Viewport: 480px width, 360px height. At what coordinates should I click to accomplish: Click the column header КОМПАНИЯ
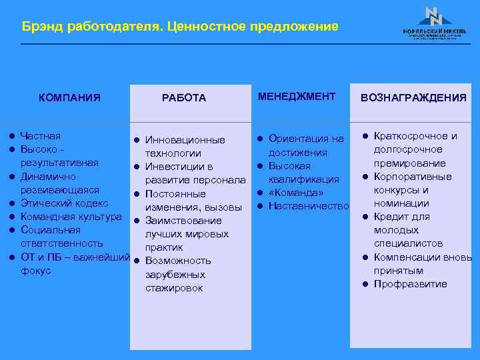coord(69,98)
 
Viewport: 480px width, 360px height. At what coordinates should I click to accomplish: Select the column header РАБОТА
coord(184,98)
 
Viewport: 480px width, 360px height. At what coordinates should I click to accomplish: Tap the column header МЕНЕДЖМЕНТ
coord(297,97)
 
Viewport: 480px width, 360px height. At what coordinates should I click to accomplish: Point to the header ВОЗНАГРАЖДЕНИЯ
coord(413,98)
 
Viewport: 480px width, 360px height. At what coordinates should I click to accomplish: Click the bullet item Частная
coord(40,136)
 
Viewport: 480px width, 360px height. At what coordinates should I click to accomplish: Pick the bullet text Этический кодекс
coord(65,203)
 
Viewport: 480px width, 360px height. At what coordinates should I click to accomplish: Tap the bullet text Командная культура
coord(71,217)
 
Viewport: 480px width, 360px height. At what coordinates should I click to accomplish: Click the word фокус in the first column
coord(36,271)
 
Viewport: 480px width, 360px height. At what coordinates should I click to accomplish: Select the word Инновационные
coord(185,140)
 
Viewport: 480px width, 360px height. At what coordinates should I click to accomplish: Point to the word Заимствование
coord(183,221)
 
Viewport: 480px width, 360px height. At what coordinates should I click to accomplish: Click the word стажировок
coord(174,288)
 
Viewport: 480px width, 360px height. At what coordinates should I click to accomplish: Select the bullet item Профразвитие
coord(410,284)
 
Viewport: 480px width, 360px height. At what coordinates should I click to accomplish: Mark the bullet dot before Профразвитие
coord(365,285)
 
